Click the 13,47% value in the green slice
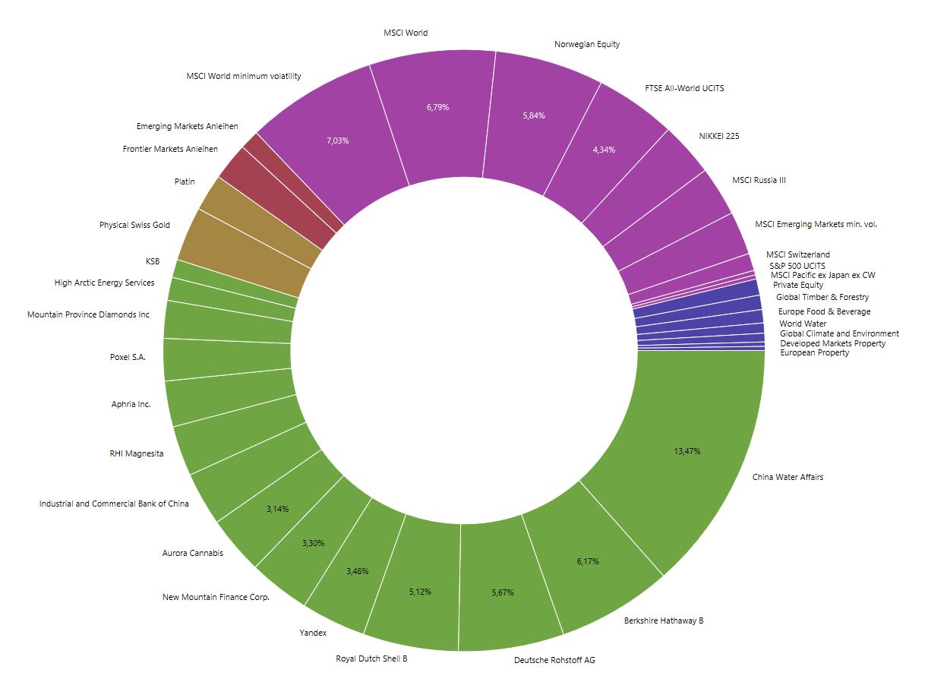[x=687, y=451]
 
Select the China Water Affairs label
[x=788, y=477]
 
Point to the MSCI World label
[x=406, y=33]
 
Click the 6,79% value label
[x=437, y=107]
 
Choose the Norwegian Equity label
[x=587, y=44]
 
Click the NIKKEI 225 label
[x=718, y=136]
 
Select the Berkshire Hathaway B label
[x=663, y=621]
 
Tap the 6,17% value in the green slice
[x=587, y=561]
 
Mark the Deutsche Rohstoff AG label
[x=554, y=660]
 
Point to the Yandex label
[x=313, y=633]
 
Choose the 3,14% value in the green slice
[x=278, y=508]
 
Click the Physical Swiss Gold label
[x=134, y=225]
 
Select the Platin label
[x=185, y=182]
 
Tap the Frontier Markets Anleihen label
[x=170, y=149]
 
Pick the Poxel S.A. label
[x=128, y=357]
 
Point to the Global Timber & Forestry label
[x=822, y=297]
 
